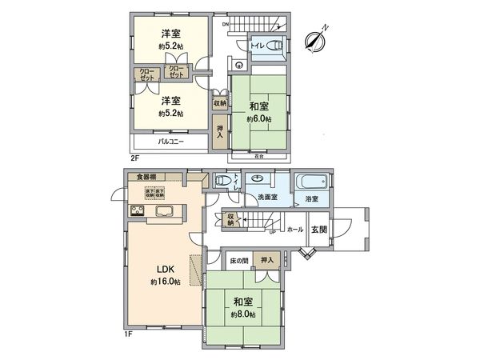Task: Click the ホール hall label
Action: tap(294, 229)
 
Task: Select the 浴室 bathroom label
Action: tap(310, 197)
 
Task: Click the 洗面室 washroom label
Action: tap(267, 197)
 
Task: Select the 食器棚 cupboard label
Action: tap(145, 177)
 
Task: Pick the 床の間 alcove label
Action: tap(238, 261)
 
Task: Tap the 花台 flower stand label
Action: tap(258, 157)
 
